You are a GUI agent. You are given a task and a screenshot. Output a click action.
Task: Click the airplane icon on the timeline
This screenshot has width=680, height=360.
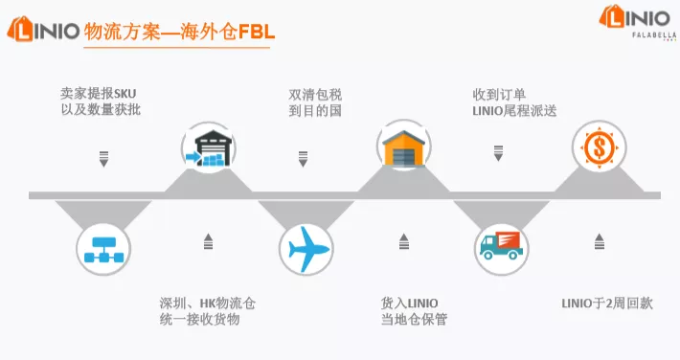306,251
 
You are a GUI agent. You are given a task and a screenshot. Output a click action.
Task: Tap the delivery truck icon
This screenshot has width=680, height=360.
501,250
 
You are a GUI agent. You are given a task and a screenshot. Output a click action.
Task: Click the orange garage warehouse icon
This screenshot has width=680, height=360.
403,149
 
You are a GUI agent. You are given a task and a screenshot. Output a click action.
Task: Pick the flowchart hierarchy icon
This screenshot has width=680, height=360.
103,250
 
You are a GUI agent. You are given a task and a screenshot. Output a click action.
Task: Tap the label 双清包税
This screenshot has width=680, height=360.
316,94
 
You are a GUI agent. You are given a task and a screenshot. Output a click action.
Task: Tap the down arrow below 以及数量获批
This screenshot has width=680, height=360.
104,158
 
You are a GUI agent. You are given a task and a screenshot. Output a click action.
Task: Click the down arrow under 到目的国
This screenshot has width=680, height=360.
304,158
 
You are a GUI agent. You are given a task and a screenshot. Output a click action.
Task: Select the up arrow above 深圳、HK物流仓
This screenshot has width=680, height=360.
208,241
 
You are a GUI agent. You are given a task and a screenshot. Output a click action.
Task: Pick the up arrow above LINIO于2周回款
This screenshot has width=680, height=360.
600,241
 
